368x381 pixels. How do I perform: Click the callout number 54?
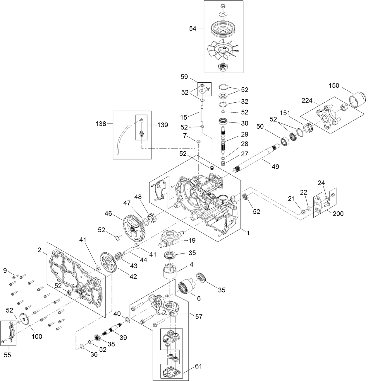192,28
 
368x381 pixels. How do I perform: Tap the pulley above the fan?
223,29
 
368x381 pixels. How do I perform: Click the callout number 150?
334,86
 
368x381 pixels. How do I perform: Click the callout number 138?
101,124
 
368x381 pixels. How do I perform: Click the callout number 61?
198,366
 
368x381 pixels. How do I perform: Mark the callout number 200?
338,214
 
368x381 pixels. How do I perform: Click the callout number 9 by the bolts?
5,271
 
